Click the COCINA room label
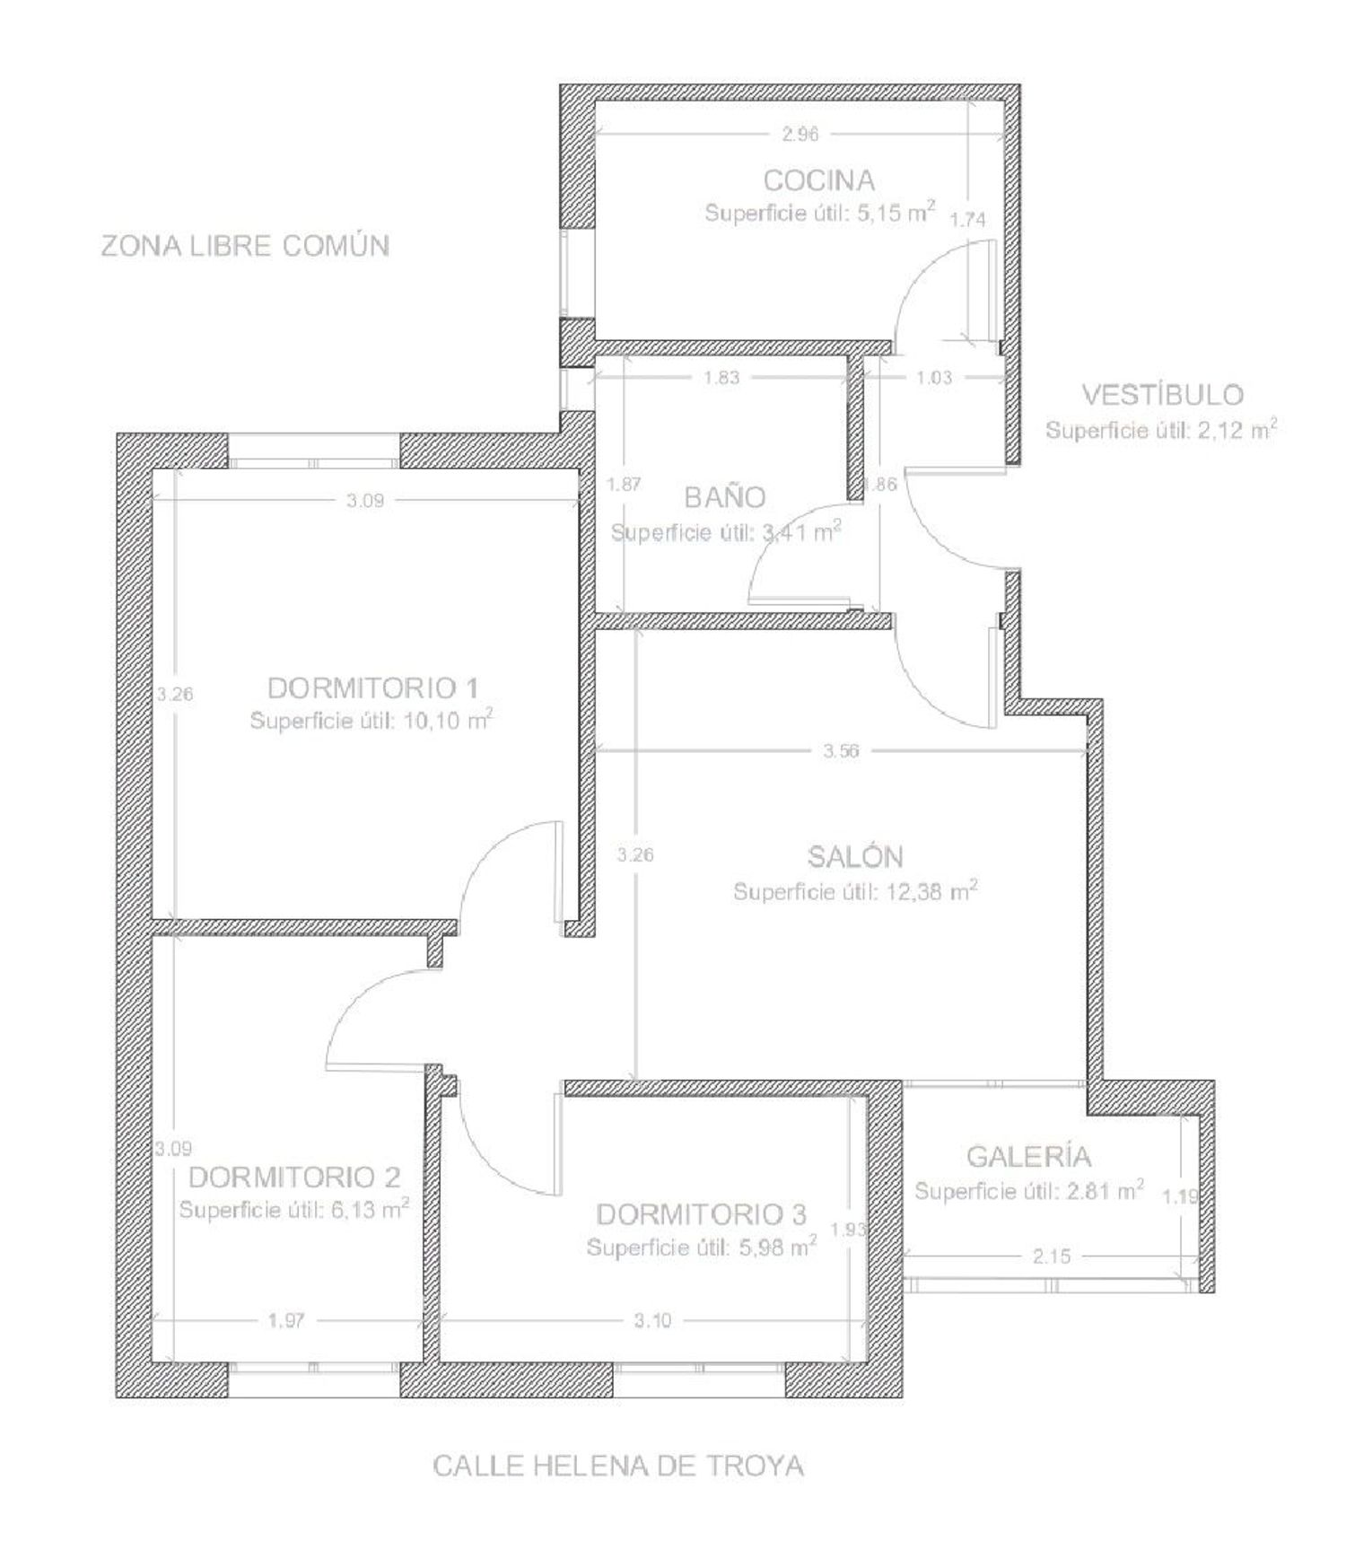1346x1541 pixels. coord(818,180)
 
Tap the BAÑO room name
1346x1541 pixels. coord(724,496)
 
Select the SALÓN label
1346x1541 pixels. coord(855,856)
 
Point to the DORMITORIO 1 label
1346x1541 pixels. coord(372,688)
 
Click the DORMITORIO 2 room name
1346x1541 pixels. coord(294,1177)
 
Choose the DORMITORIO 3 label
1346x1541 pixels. coord(701,1214)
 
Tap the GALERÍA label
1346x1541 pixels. coord(1028,1156)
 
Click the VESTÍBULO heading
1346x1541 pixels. coord(1162,394)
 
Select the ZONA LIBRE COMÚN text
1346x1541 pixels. coord(245,245)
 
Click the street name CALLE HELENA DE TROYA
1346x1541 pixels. coord(618,1466)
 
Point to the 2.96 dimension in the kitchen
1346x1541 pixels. coord(800,135)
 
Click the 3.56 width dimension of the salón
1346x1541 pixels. coord(841,750)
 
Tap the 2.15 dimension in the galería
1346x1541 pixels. coord(1051,1256)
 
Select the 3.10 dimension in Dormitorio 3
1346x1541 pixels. coord(652,1320)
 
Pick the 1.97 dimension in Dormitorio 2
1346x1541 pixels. coord(286,1320)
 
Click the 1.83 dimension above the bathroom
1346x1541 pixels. coord(721,377)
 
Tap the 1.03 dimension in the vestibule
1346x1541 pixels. coord(934,377)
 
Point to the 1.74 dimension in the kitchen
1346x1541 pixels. coord(968,219)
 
